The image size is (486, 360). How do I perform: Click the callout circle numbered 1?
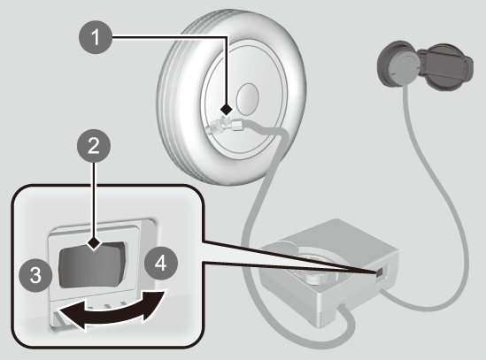point(96,37)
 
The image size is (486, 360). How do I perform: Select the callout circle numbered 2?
point(94,146)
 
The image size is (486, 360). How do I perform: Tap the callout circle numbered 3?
point(35,275)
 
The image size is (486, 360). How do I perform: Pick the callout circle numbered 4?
point(161,264)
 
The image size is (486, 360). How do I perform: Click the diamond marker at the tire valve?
point(227,110)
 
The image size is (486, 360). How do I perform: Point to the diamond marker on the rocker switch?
point(94,243)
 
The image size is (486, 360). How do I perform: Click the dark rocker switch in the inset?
point(93,264)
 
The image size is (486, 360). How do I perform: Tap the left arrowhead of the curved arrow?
point(71,316)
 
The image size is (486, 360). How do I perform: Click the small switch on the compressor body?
point(380,272)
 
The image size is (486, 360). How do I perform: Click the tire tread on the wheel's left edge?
point(170,103)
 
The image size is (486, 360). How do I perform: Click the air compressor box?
point(328,272)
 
